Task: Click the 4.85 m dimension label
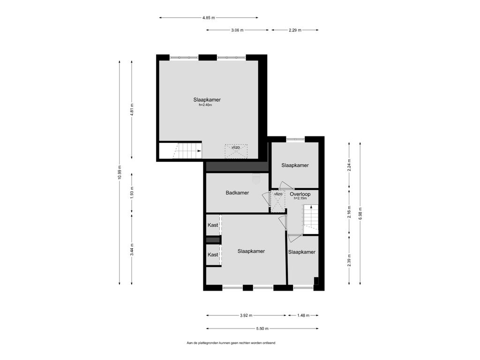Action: tap(209, 18)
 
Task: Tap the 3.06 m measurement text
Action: tap(237, 30)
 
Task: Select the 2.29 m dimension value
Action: tap(295, 30)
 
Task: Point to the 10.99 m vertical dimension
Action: tap(120, 173)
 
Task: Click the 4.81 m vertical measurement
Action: tap(132, 109)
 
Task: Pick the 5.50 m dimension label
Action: tap(262, 329)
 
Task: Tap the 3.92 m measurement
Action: tap(246, 315)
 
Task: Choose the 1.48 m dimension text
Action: tap(303, 315)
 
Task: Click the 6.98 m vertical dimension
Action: tap(360, 213)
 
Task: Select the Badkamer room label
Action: tap(237, 193)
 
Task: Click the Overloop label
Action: tap(300, 194)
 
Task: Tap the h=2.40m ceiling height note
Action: tap(205, 105)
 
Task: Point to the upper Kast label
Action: tap(213, 225)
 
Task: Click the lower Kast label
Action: tap(213, 255)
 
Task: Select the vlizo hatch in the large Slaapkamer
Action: tap(236, 151)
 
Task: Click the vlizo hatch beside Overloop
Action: tap(278, 202)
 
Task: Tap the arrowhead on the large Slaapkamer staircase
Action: tap(199, 150)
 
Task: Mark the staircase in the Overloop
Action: tap(311, 218)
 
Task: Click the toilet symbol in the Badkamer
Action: tap(256, 179)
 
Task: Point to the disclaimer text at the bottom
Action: tap(231, 343)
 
